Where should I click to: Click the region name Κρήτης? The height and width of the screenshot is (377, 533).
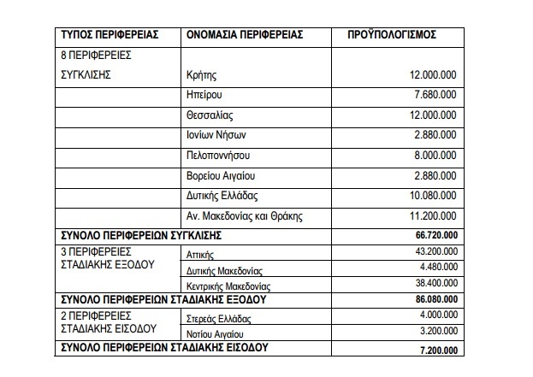(201, 75)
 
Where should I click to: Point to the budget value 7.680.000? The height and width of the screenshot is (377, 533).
(434, 95)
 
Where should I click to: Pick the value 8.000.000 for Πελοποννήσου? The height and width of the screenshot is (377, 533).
(434, 155)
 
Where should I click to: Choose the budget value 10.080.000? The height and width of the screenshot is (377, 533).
(430, 195)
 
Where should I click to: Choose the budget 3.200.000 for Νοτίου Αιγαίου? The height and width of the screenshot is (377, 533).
(435, 332)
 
